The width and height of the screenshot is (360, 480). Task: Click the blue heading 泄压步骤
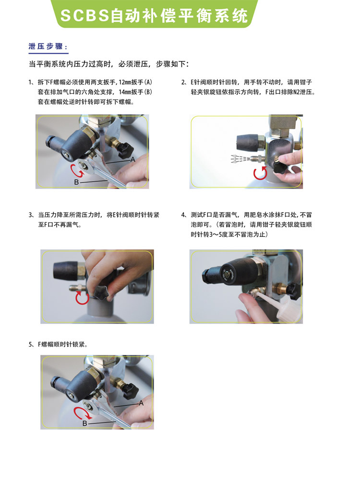[46, 47]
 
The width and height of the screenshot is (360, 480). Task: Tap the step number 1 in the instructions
[30, 82]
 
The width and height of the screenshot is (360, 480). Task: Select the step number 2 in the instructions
[183, 82]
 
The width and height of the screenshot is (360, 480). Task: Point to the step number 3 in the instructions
[31, 215]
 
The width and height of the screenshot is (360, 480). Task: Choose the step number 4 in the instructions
[183, 215]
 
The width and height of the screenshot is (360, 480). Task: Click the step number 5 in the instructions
[31, 344]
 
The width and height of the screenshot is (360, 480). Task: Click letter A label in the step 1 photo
[133, 159]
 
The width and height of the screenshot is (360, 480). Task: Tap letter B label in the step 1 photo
[76, 182]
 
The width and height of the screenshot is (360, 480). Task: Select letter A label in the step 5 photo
[141, 403]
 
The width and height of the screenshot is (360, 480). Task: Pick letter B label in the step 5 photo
[85, 423]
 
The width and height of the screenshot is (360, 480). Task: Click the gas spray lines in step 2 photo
[240, 159]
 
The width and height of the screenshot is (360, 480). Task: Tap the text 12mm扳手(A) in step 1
[135, 82]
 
